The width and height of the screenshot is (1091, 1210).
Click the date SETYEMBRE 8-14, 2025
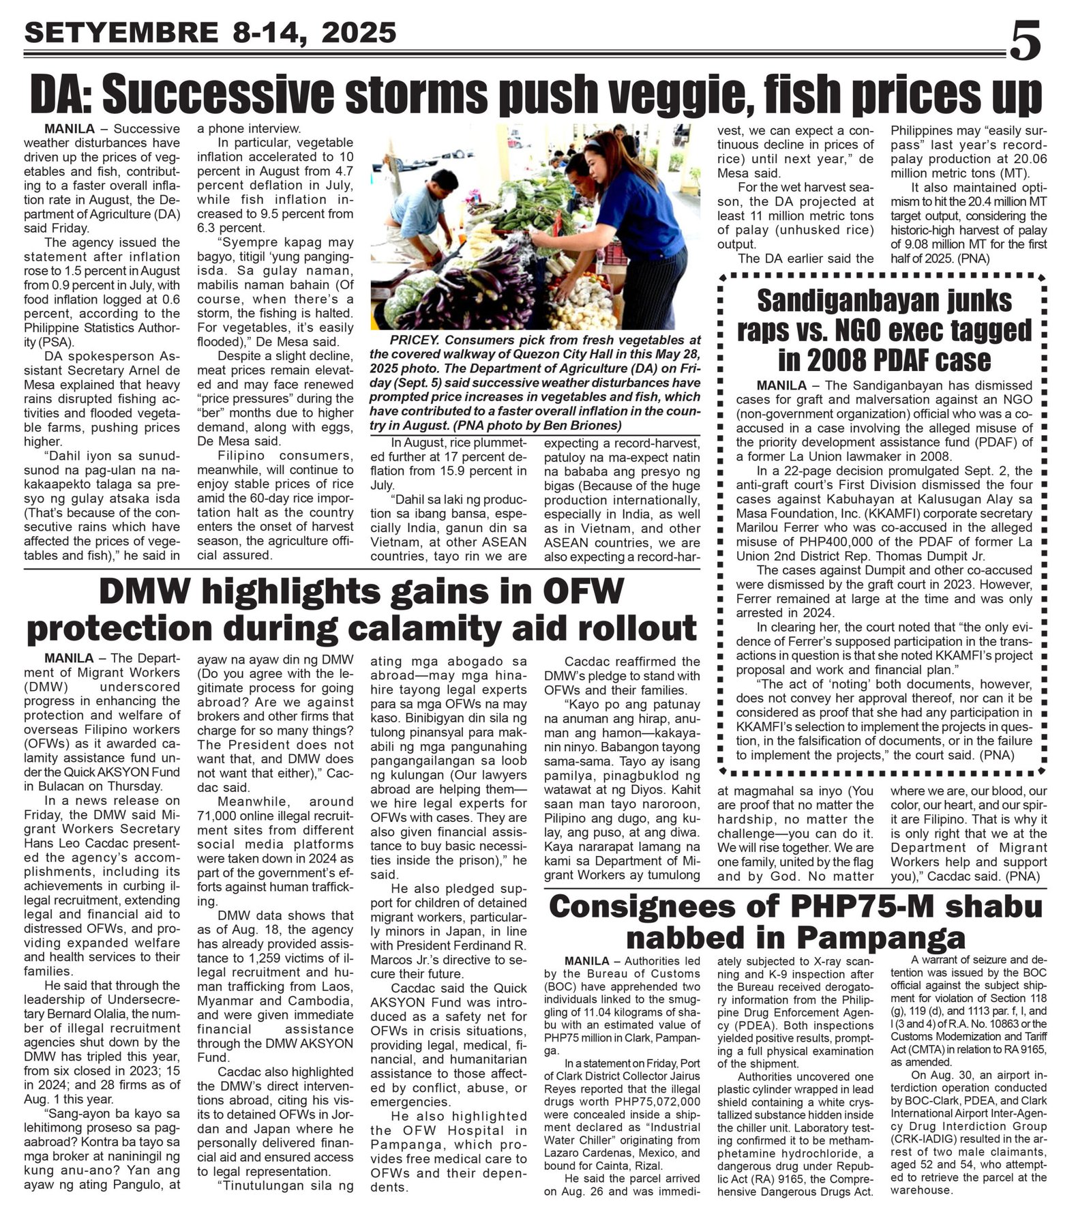(x=210, y=32)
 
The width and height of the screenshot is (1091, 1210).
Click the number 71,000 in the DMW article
(x=220, y=816)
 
